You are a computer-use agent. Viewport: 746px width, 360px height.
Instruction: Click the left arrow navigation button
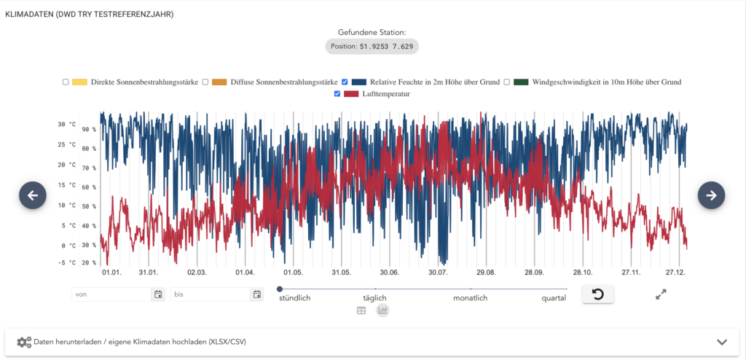[x=33, y=195]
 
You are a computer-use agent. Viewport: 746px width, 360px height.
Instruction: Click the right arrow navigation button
[x=711, y=195]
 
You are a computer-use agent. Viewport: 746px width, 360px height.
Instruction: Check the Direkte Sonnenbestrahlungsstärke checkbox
[x=66, y=82]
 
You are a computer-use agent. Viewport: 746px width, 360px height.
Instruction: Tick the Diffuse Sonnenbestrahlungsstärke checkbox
[x=205, y=82]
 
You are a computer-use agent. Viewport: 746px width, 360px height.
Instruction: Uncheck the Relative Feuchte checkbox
[x=345, y=82]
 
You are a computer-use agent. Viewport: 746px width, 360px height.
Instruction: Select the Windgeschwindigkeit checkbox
[x=507, y=82]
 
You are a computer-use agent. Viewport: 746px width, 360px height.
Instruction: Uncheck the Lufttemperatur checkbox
[x=337, y=94]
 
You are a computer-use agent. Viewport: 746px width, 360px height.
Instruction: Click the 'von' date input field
[x=111, y=294]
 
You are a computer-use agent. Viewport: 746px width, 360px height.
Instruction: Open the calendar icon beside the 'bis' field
[x=256, y=294]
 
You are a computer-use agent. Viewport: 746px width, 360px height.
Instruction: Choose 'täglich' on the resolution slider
[x=374, y=298]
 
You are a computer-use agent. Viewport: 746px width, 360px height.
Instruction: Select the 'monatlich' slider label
[x=470, y=298]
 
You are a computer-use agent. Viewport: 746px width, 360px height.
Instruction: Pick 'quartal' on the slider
[x=554, y=298]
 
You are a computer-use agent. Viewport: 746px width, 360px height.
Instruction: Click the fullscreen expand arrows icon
[x=661, y=294]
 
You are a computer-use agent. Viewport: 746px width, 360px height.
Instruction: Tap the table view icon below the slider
[x=361, y=310]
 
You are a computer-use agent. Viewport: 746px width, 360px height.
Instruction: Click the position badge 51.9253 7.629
[x=372, y=47]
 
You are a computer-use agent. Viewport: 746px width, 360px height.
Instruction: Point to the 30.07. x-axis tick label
[x=438, y=273]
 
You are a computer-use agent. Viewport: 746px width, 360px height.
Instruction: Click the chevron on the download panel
[x=722, y=342]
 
